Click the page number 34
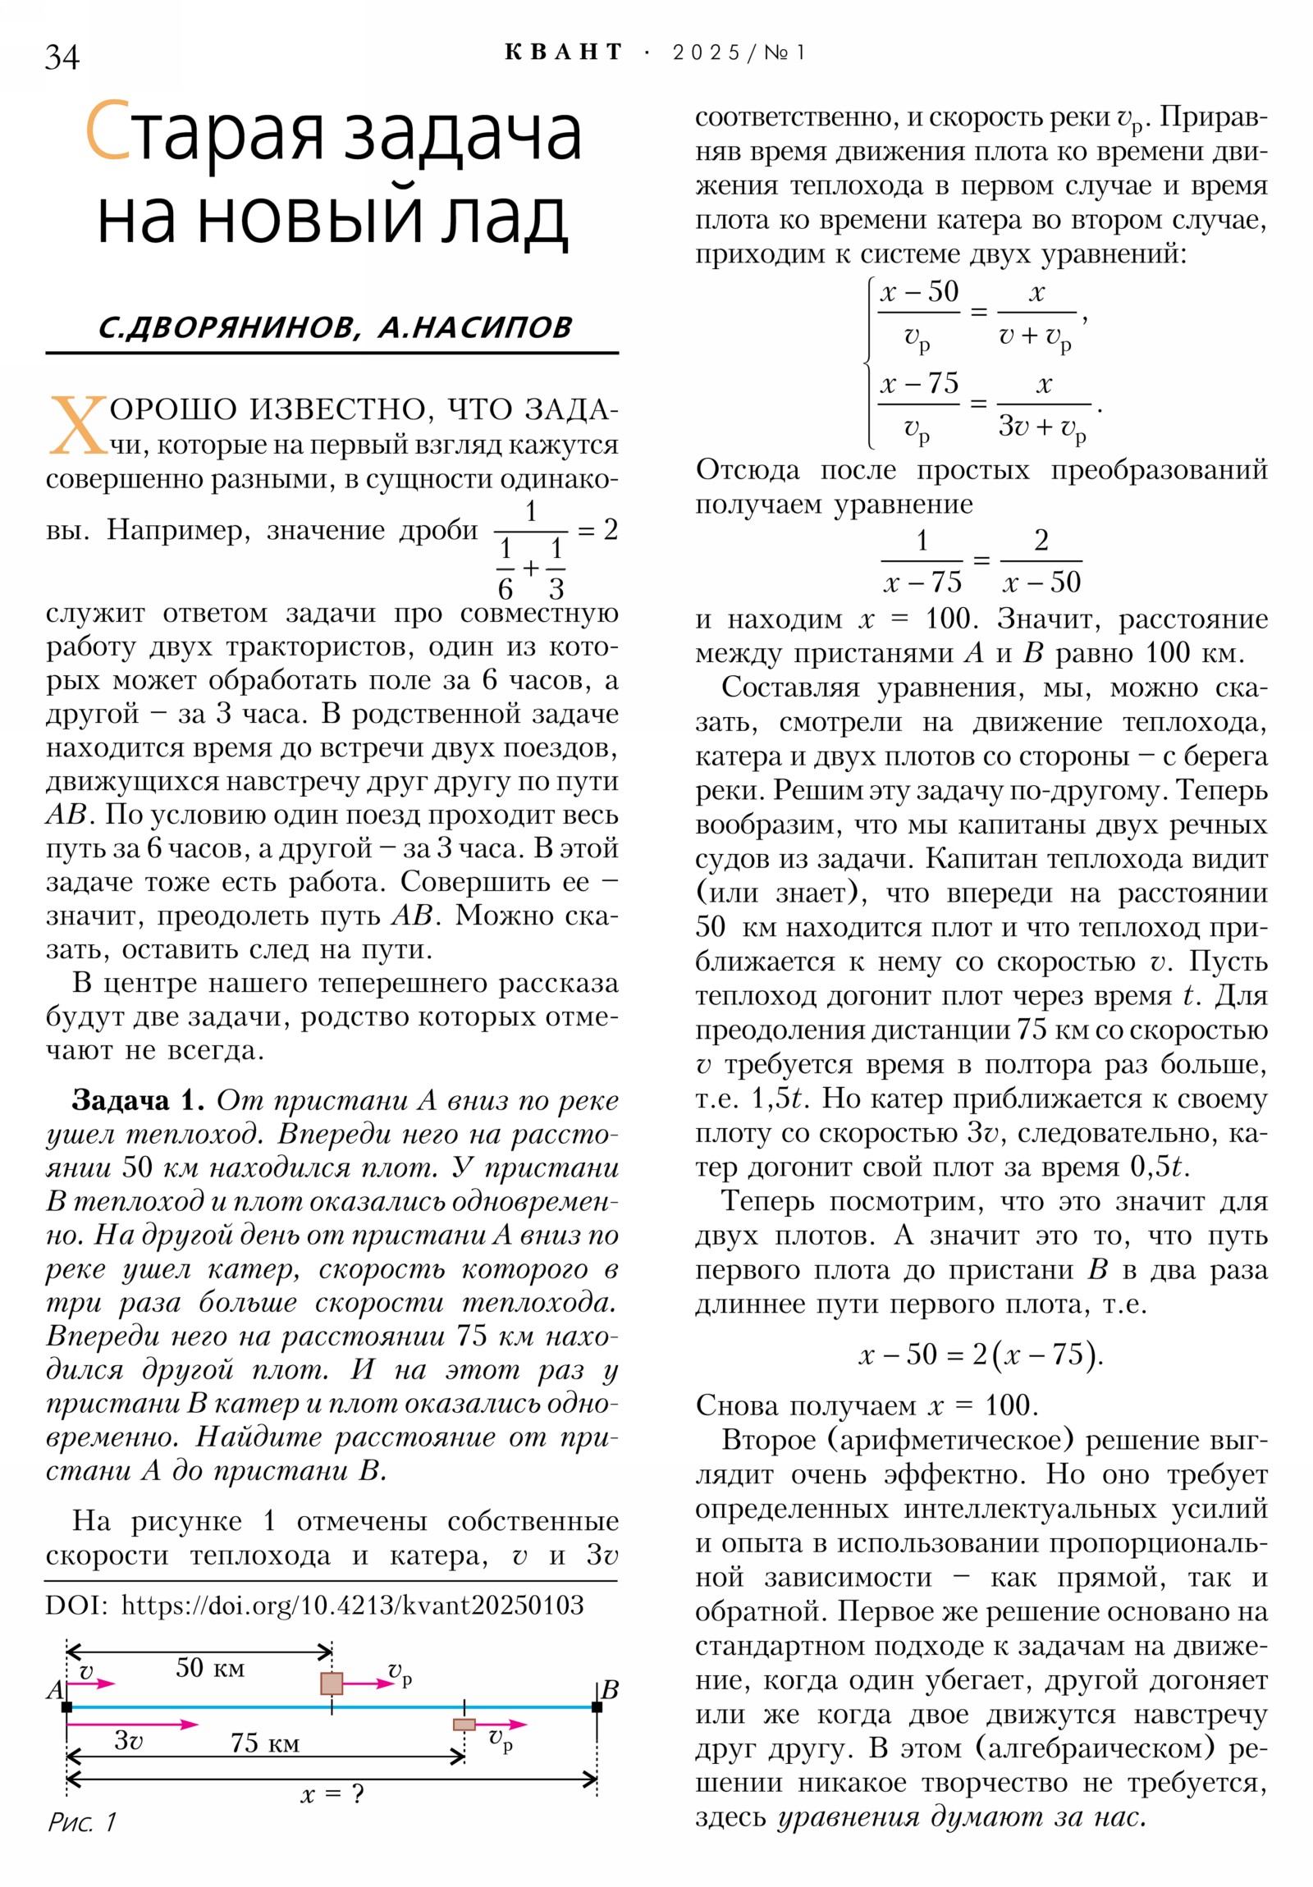pos(62,57)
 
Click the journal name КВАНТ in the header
pos(563,53)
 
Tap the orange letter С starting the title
pos(108,131)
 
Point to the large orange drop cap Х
pos(77,425)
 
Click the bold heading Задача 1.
pos(137,1099)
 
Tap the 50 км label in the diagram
pos(209,1668)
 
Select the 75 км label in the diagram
pos(264,1743)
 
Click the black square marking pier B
pos(597,1707)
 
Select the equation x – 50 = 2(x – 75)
pos(980,1353)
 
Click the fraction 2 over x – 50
pos(1041,560)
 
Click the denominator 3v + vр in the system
pos(1041,427)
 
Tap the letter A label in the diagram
pos(54,1691)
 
